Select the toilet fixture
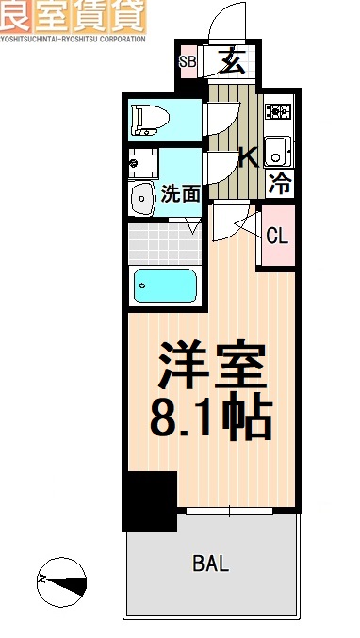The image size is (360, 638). click(x=151, y=117)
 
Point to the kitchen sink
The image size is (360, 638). click(x=277, y=147)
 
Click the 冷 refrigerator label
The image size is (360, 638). click(x=280, y=183)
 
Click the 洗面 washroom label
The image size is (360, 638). click(x=180, y=194)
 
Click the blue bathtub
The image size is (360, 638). click(x=164, y=285)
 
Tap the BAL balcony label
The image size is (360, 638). click(x=210, y=564)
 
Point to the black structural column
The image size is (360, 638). click(x=149, y=499)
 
